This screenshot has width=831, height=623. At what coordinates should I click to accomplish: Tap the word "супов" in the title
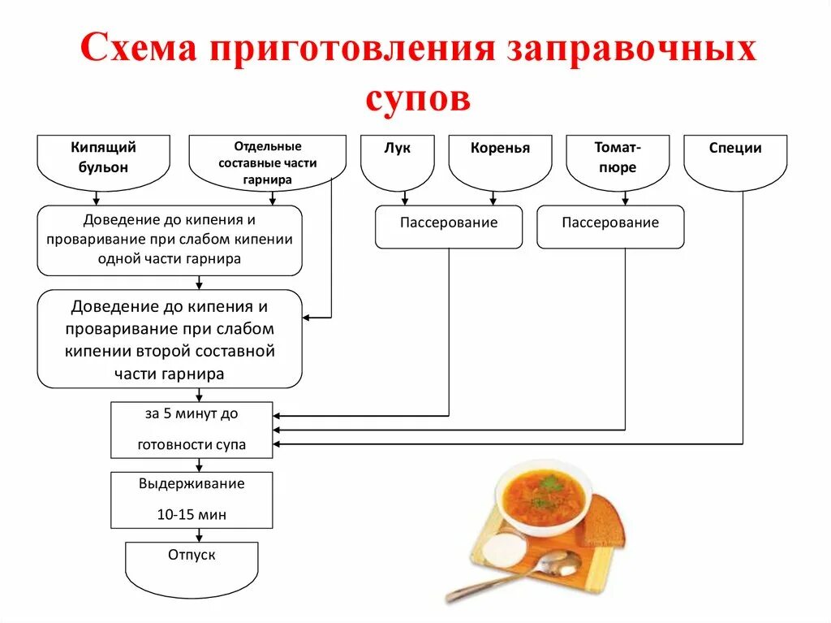point(417,98)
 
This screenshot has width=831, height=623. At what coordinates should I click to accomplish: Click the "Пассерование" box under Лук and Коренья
point(449,226)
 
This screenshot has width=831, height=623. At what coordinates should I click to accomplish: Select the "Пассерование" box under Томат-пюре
point(610,226)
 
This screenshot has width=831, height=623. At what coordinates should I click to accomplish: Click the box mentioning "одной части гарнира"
point(170,240)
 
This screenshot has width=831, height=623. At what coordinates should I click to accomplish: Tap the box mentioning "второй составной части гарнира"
point(170,340)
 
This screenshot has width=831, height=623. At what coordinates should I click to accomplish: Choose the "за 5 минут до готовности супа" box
point(192,430)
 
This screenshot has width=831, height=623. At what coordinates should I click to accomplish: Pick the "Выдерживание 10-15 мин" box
point(192,500)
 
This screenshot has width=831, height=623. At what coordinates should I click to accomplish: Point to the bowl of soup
point(543,495)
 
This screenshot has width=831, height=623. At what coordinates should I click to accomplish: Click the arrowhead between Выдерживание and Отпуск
point(199,537)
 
